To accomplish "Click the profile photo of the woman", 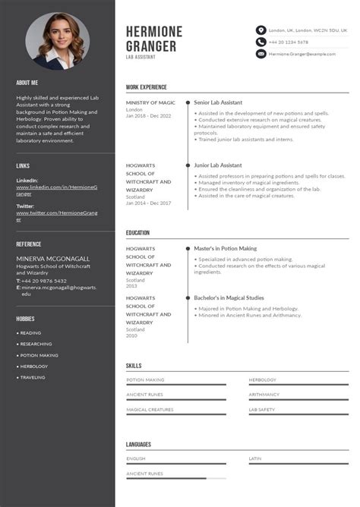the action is [57, 42].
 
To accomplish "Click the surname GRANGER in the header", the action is [151, 46].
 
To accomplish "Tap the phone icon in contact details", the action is [261, 42].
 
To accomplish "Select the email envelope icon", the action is [261, 54].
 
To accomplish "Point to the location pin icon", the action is [261, 30].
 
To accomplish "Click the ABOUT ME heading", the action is [27, 82].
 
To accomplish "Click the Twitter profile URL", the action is [57, 216].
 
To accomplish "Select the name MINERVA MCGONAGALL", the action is [52, 259].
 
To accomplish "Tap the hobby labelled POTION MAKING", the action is [39, 355].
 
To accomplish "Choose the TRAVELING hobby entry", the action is [33, 377].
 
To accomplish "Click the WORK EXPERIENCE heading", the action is [147, 87].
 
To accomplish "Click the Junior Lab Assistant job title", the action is [218, 165].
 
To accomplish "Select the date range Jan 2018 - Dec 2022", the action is [149, 115].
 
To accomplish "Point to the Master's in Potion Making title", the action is [225, 248].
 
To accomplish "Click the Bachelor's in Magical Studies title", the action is [229, 298].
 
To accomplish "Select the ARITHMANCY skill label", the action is [264, 395].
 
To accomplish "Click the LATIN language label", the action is [255, 458].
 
